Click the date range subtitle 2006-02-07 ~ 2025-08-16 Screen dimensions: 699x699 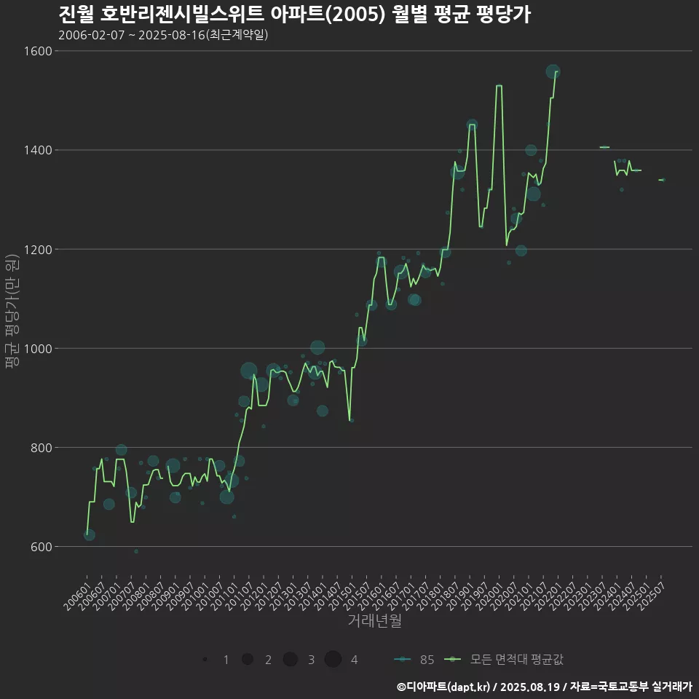coord(163,34)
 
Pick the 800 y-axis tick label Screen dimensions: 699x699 coord(39,447)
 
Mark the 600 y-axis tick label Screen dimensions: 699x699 coord(39,546)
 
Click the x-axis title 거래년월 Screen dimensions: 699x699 coord(374,621)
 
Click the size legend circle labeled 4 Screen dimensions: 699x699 coord(333,660)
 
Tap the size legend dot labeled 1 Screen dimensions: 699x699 coord(206,660)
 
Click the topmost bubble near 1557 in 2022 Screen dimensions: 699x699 coord(553,71)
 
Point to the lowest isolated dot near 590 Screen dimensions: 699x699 coord(135,551)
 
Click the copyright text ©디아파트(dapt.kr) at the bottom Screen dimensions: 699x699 coord(445,687)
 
